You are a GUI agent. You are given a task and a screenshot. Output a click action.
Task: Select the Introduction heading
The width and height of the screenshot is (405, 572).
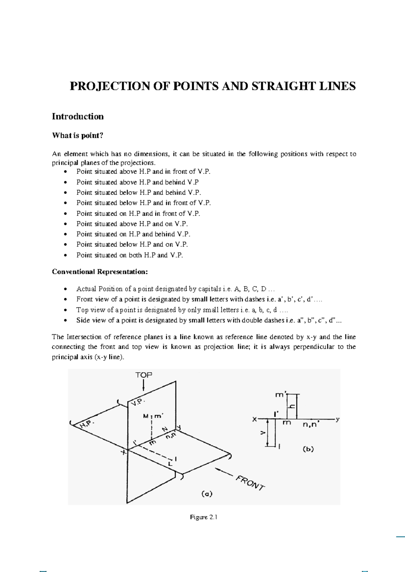tap(78, 117)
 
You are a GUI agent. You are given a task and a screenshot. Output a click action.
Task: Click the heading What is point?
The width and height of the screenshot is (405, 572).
tap(77, 136)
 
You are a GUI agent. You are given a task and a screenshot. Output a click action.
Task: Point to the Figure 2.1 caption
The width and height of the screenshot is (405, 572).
tap(203, 517)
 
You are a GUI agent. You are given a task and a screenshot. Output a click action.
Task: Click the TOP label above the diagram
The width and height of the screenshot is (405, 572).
tap(144, 375)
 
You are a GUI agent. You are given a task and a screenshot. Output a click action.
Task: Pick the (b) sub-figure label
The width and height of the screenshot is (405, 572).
tap(308, 449)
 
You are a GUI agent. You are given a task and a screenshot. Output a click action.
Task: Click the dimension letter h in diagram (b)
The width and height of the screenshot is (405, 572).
tap(292, 407)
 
